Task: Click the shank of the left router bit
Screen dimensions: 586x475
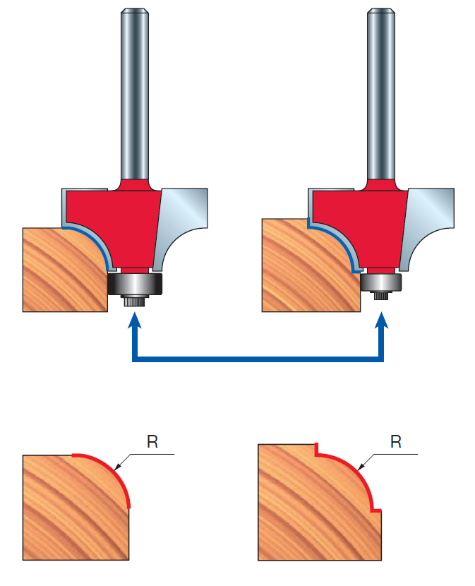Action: [x=135, y=92]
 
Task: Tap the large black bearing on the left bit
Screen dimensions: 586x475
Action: [x=136, y=283]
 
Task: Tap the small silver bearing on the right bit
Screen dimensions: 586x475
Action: [x=381, y=282]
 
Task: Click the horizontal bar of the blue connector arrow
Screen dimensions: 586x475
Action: [x=258, y=359]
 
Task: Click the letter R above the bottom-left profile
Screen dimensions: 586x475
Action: [x=152, y=443]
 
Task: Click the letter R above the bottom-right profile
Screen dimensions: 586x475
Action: [x=395, y=443]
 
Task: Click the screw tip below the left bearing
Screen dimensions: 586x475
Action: [x=133, y=301]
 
